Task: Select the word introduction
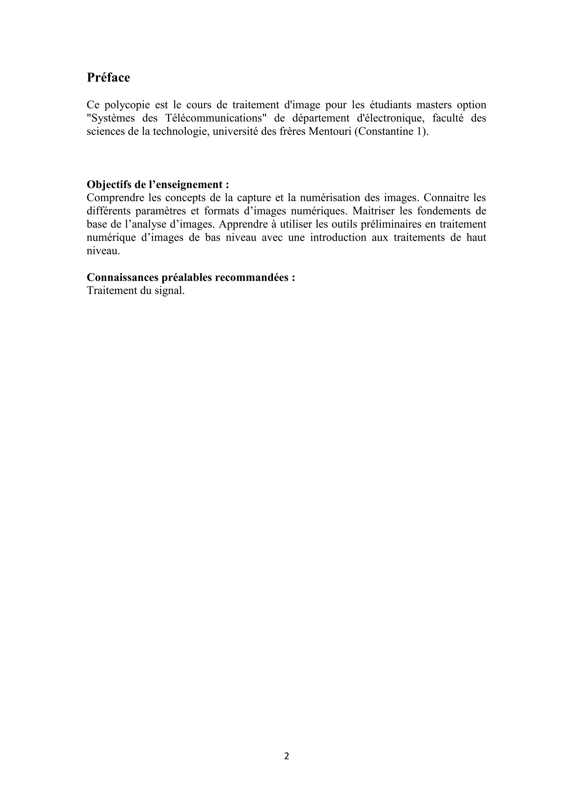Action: coord(338,237)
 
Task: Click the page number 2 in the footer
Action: coord(286,756)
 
